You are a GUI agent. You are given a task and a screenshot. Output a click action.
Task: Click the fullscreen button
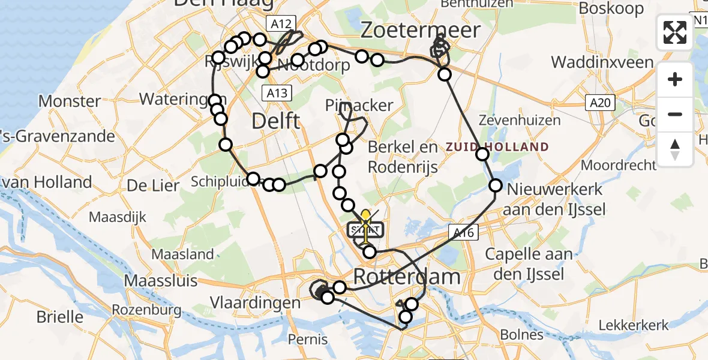[x=675, y=32]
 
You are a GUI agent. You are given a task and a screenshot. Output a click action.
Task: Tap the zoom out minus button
[x=675, y=115]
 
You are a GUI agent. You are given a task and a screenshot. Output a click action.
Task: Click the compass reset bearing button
[x=675, y=149]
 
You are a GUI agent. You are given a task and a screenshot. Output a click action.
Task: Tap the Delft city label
[x=276, y=121]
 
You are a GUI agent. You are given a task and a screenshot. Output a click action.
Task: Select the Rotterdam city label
[x=407, y=277]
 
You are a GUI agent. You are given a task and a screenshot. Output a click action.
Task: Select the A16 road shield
[x=463, y=232]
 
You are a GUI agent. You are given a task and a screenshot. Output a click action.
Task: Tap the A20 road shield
[x=599, y=104]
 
